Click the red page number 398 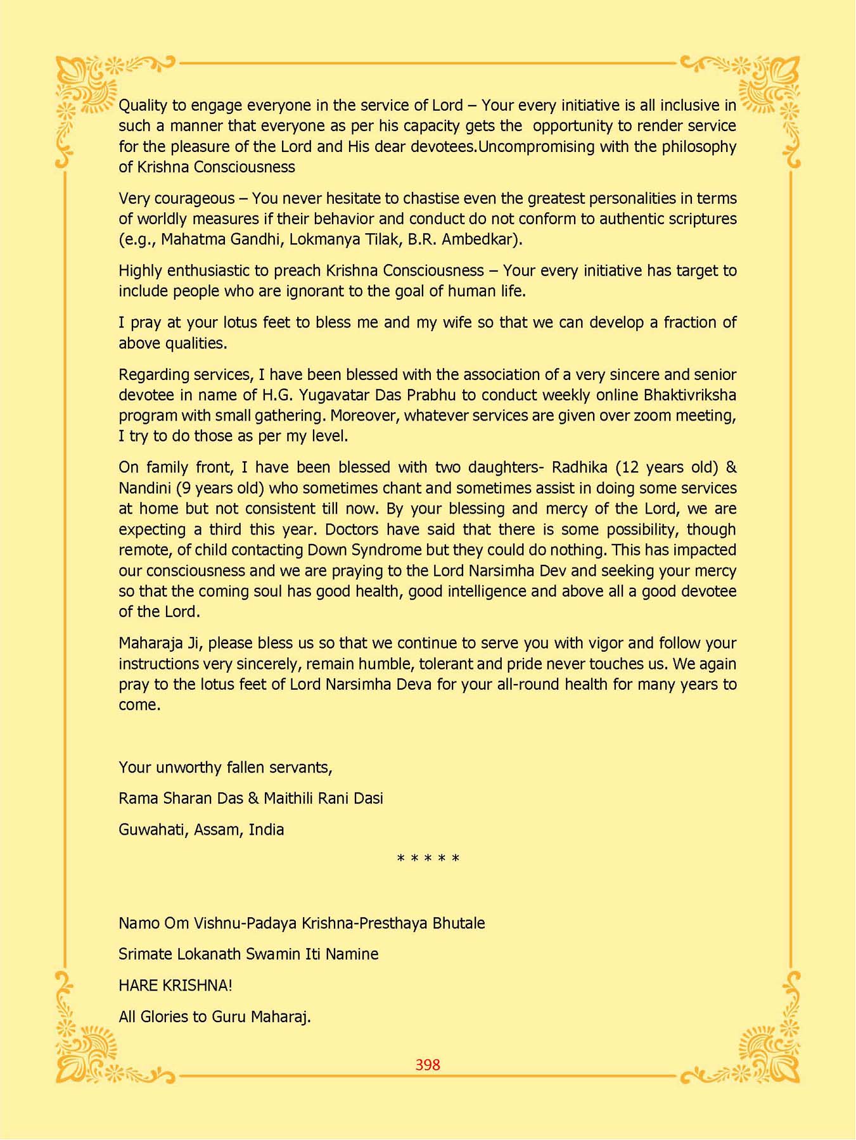[428, 1065]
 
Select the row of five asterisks [428, 859]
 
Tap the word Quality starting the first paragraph [143, 105]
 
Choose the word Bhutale [459, 923]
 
